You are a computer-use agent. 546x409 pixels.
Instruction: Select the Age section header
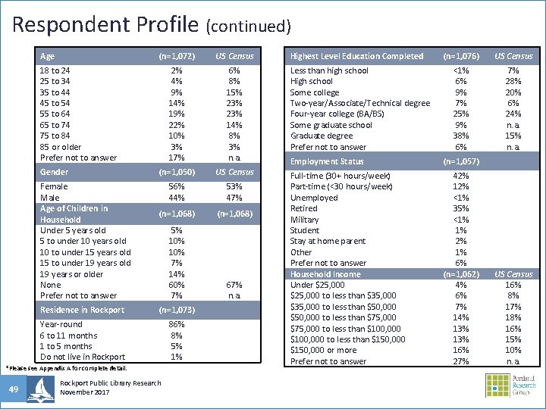[47, 56]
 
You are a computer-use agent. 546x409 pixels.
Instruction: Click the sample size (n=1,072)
[176, 56]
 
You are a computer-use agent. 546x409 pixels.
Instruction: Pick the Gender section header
[54, 172]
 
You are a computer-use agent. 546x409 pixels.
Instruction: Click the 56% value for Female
[176, 186]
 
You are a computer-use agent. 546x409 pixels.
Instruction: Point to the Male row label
[50, 197]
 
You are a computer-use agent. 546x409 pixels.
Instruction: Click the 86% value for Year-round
[176, 324]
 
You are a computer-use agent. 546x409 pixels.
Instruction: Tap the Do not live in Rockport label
[83, 357]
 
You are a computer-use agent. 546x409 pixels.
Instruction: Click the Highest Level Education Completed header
[357, 56]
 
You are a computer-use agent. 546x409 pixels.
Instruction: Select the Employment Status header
[327, 161]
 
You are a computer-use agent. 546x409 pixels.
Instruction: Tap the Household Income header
[325, 274]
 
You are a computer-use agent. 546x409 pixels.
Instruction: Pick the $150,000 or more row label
[324, 350]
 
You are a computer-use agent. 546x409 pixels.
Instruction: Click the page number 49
[14, 389]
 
